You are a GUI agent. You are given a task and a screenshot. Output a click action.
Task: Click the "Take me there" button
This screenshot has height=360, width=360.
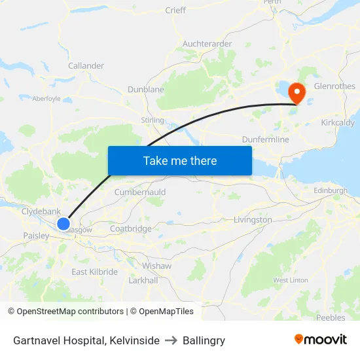[x=180, y=160]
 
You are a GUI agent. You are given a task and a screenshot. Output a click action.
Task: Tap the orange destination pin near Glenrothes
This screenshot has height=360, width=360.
[x=297, y=92]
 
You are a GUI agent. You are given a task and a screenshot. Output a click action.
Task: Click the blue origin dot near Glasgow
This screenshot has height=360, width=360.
[x=63, y=224]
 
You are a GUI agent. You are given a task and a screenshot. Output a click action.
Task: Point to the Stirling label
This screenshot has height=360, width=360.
[x=153, y=120]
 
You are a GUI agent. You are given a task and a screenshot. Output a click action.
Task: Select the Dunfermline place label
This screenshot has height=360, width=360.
[x=265, y=139]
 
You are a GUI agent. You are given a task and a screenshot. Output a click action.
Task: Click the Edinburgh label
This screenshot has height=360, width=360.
[x=331, y=190]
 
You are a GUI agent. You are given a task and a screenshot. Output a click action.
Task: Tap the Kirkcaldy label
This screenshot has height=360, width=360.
[x=338, y=122]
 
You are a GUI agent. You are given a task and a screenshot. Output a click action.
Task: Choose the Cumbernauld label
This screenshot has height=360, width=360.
[x=140, y=192]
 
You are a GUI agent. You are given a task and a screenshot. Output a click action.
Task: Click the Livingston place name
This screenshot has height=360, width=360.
[x=253, y=220]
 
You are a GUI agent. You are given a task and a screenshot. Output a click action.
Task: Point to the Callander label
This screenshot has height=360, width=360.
[x=86, y=65]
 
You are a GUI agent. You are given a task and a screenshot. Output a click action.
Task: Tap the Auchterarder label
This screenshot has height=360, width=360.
[x=207, y=44]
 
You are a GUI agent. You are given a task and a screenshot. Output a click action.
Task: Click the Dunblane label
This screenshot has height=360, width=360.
[x=146, y=89]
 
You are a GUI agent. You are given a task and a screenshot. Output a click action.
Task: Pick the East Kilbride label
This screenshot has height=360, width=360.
[x=95, y=272]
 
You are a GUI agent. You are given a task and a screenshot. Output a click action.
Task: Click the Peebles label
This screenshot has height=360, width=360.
[x=331, y=317]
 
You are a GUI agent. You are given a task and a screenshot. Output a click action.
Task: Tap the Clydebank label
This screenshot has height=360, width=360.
[x=41, y=211]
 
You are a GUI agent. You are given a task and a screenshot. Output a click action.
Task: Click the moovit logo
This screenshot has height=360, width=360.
[x=321, y=340]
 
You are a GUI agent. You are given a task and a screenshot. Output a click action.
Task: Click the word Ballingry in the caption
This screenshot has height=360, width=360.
[x=204, y=340]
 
